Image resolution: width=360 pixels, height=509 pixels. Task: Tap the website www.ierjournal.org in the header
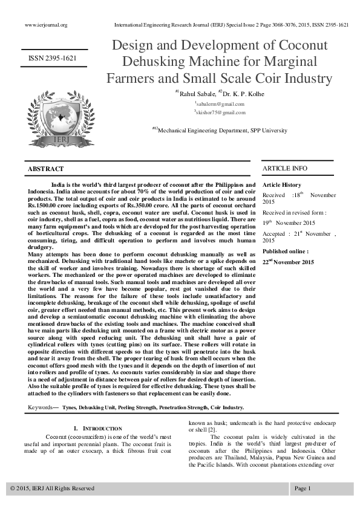(45, 25)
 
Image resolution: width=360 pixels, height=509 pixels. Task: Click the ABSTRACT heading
(46, 169)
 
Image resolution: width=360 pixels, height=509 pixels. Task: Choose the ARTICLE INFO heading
(284, 168)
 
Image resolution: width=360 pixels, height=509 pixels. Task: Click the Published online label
(286, 251)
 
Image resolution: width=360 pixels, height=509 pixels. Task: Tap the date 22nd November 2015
(288, 262)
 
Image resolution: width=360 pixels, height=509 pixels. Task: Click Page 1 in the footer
(303, 488)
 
